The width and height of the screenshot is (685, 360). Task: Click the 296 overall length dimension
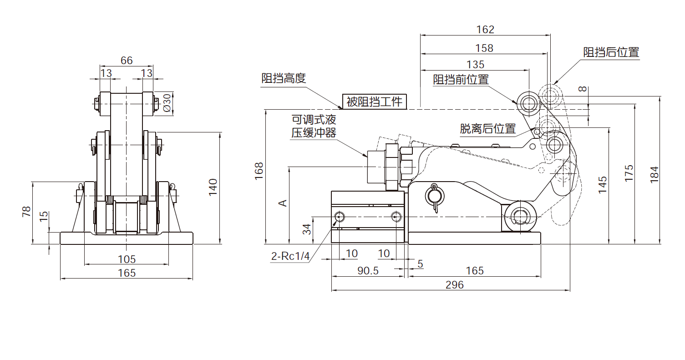(454, 285)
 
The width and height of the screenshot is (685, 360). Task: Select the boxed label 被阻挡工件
(375, 101)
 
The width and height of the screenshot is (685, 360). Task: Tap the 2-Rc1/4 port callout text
(290, 256)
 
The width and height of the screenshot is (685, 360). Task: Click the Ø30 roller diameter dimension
(167, 103)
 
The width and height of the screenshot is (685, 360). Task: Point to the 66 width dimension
(127, 61)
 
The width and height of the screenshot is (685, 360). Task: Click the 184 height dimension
(655, 173)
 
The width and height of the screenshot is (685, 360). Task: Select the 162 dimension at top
(485, 30)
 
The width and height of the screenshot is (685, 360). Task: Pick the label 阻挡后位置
(611, 52)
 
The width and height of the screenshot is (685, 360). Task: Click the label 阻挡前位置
(461, 80)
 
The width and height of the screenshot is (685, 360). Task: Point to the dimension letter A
(283, 203)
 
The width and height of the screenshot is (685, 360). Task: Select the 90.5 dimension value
(368, 271)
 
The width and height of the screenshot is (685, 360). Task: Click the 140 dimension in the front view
(213, 187)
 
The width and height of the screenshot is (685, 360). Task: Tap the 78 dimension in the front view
(26, 212)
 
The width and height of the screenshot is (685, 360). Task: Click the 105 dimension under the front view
(127, 259)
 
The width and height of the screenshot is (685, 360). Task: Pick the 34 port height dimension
(307, 228)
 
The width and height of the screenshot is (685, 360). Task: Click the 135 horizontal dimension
(475, 65)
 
